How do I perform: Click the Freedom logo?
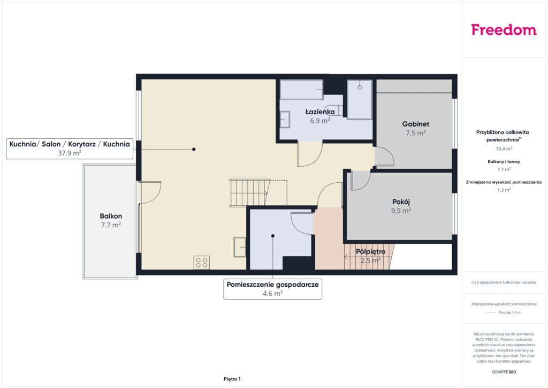tap(504, 29)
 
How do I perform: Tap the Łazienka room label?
tap(320, 112)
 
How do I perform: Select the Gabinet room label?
tap(415, 124)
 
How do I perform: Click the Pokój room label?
tap(401, 202)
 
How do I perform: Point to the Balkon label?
tap(111, 216)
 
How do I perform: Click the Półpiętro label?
tap(370, 251)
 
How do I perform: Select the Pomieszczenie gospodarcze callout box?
tap(272, 289)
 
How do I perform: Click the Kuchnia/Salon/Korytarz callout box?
tap(70, 148)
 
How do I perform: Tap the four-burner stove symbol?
tap(202, 263)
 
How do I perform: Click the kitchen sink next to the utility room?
tap(240, 247)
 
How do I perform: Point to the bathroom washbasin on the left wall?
tap(285, 120)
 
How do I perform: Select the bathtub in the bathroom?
tap(302, 90)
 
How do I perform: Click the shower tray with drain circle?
tap(360, 100)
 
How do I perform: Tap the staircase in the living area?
tap(249, 193)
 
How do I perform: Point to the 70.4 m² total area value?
tap(504, 148)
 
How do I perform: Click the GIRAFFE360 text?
tap(504, 372)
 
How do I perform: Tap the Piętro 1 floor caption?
tap(232, 379)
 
